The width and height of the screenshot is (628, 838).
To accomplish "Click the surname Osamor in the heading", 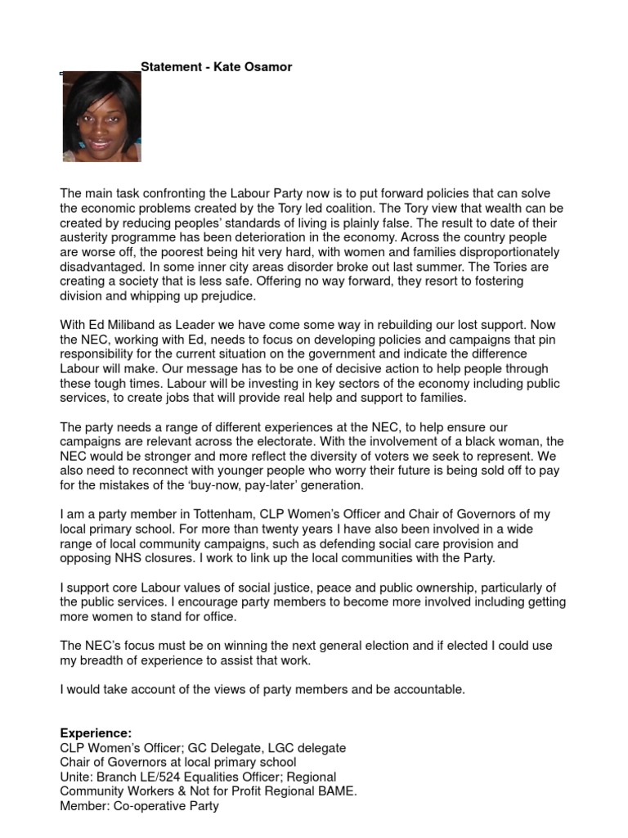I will point(267,67).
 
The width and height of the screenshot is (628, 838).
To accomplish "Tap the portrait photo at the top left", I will point(101,116).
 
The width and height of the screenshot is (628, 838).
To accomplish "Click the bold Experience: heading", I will point(95,733).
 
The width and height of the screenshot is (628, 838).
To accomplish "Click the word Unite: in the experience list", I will point(78,777).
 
